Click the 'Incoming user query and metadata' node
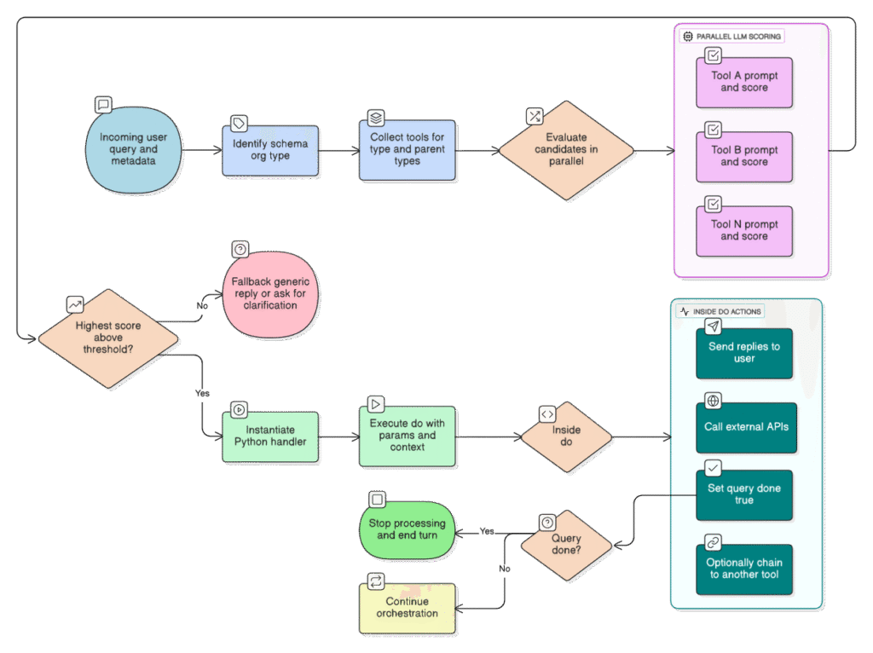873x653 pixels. (x=134, y=149)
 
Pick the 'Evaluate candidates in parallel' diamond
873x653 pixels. (x=566, y=149)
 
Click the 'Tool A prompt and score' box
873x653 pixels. (x=743, y=82)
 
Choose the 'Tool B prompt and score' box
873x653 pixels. (x=743, y=156)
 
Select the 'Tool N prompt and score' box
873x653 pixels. (x=743, y=230)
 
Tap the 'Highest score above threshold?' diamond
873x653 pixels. (x=109, y=337)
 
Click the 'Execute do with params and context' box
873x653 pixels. (x=407, y=435)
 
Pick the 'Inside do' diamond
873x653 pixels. (x=566, y=436)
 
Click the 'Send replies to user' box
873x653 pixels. (x=743, y=353)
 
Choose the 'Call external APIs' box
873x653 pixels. (x=743, y=426)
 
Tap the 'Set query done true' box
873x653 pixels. (x=743, y=494)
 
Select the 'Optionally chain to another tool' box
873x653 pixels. (x=743, y=569)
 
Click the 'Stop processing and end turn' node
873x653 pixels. (x=407, y=529)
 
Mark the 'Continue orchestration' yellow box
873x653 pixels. (x=407, y=607)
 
